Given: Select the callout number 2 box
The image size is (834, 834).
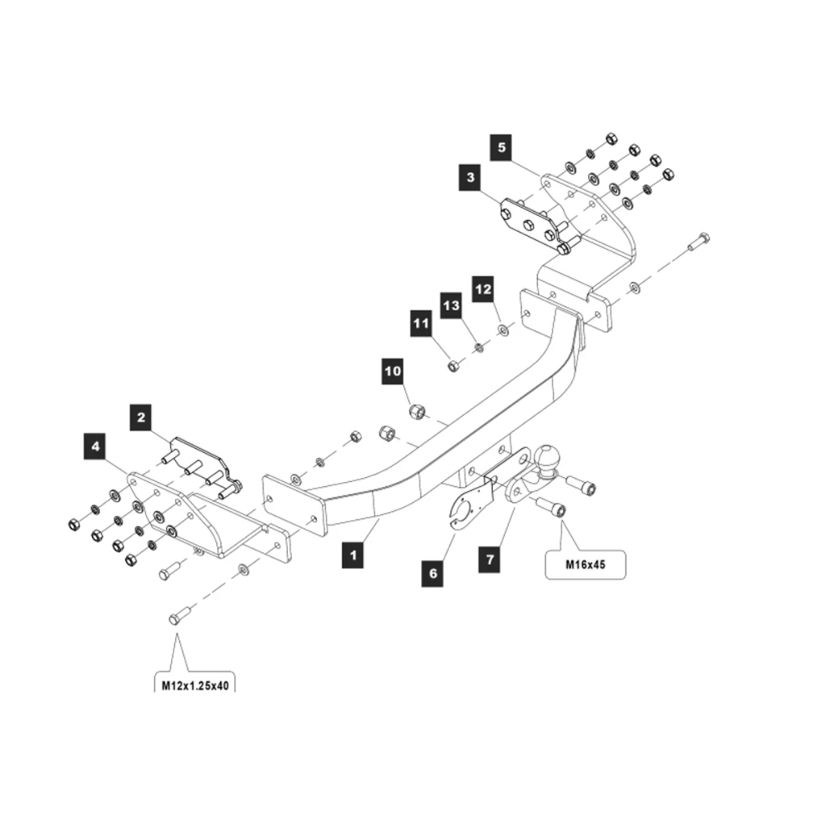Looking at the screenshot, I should click(143, 416).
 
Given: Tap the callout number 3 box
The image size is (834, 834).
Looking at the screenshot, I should click(471, 177).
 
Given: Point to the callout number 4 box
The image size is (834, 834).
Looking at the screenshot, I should click(96, 447).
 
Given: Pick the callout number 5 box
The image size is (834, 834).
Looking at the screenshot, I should click(502, 147).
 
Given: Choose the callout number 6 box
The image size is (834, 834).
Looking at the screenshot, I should click(433, 575).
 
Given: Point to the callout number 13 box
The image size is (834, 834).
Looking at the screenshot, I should click(451, 305).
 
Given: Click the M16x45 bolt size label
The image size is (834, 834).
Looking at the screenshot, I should click(585, 565).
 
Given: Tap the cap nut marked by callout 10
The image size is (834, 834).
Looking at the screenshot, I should click(417, 410).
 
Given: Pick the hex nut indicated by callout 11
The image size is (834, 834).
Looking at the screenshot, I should click(453, 364).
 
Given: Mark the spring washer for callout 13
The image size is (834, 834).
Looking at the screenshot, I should click(478, 347).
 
